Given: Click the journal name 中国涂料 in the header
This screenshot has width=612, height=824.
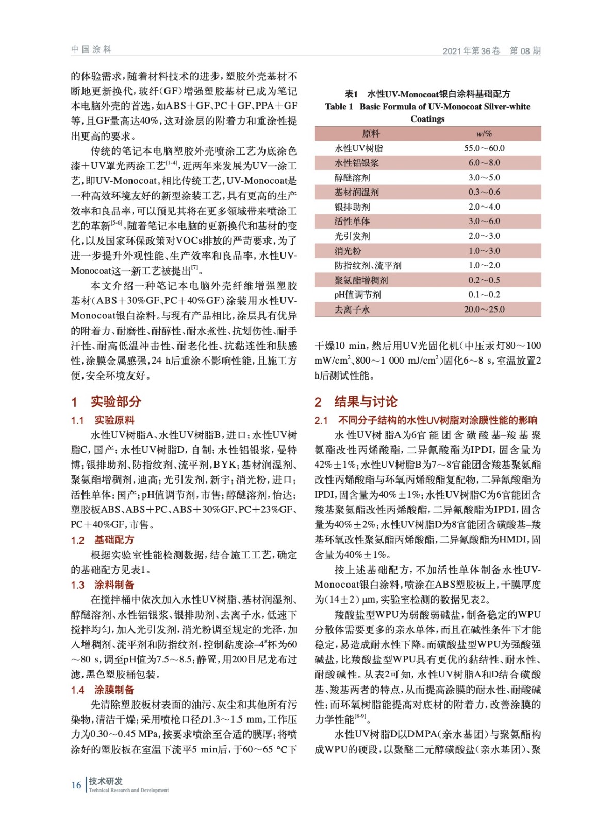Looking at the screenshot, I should [x=91, y=49].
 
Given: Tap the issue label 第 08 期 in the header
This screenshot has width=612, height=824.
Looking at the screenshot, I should [x=525, y=50].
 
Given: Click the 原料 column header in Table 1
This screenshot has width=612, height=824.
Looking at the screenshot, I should [x=371, y=133].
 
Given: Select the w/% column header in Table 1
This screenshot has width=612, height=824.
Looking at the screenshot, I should [x=484, y=133].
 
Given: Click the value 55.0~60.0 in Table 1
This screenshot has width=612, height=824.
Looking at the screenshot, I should [x=484, y=148].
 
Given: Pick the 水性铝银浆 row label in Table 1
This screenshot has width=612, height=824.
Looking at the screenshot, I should [x=356, y=163].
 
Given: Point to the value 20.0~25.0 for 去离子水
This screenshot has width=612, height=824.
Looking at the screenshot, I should [x=484, y=310].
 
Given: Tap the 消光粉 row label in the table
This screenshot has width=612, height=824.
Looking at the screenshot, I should [x=348, y=251].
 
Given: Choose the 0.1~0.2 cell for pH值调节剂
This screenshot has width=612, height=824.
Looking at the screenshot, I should [x=484, y=295].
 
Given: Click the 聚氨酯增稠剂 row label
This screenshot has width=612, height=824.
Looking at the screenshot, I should [x=361, y=280].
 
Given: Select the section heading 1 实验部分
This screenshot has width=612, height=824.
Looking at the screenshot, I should [x=106, y=402].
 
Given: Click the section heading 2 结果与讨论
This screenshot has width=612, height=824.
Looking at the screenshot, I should [x=356, y=402].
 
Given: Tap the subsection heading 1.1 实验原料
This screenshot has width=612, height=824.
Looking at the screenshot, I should [x=103, y=420].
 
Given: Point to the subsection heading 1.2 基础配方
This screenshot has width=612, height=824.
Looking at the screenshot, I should [x=103, y=540].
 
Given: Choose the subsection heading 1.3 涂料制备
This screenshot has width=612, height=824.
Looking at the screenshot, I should [x=103, y=585].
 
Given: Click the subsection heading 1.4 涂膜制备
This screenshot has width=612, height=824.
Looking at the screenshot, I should [x=103, y=690].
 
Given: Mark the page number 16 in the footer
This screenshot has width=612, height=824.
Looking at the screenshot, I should [x=76, y=785].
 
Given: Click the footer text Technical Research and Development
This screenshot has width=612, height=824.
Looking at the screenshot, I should [x=128, y=790].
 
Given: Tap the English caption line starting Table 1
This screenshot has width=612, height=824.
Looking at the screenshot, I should [x=427, y=107].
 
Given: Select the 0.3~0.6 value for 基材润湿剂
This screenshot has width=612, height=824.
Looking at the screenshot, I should [x=484, y=192].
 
